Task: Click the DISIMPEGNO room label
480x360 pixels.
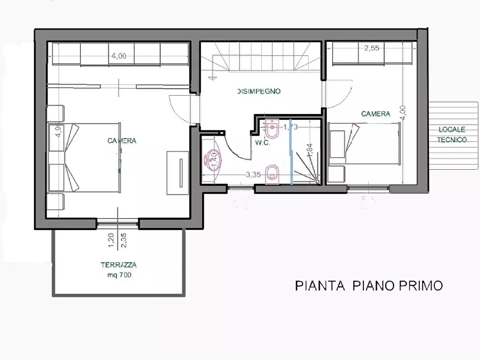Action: pyautogui.click(x=259, y=91)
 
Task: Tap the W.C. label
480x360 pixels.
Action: pyautogui.click(x=262, y=142)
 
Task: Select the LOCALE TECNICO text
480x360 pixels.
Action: pyautogui.click(x=452, y=134)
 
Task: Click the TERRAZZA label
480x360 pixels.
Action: pyautogui.click(x=118, y=265)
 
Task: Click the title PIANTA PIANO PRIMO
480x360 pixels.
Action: pyautogui.click(x=369, y=285)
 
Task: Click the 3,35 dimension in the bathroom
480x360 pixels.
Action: pyautogui.click(x=254, y=174)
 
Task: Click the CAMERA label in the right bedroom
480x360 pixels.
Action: pyautogui.click(x=375, y=114)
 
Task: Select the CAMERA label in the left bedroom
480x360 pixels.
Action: pyautogui.click(x=121, y=141)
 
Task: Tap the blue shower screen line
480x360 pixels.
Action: pyautogui.click(x=291, y=151)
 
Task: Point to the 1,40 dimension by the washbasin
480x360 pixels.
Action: pyautogui.click(x=214, y=157)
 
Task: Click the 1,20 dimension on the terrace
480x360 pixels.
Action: pyautogui.click(x=111, y=240)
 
